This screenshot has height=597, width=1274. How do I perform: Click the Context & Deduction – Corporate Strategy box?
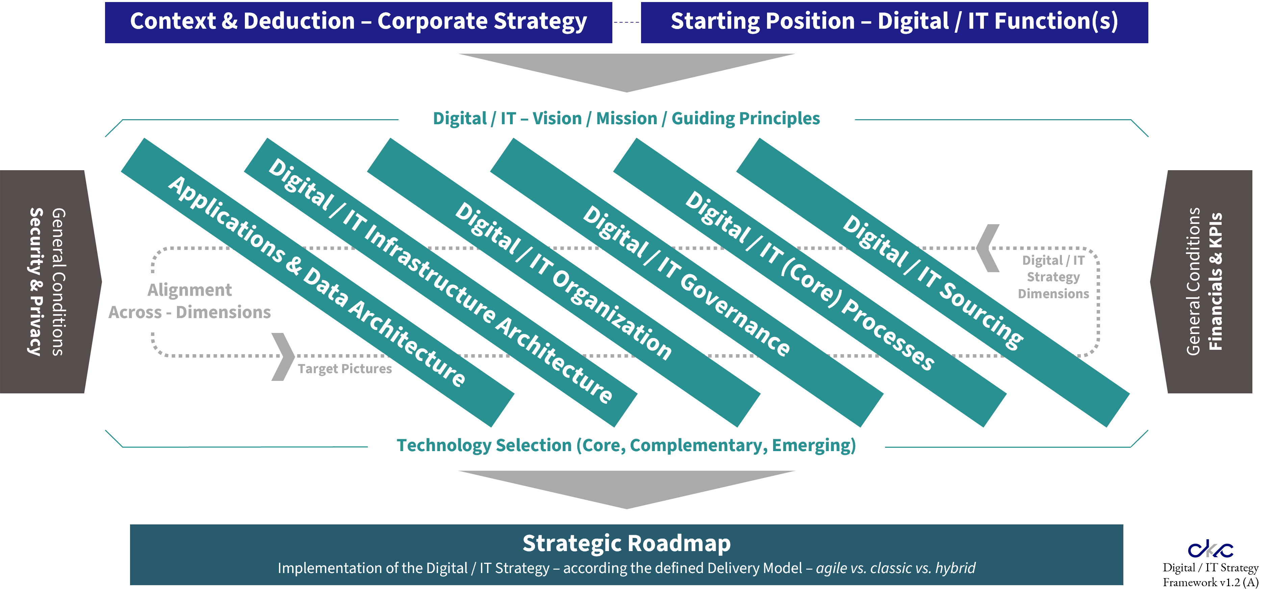click(x=359, y=22)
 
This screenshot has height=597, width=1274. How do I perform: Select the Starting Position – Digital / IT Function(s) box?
click(x=894, y=22)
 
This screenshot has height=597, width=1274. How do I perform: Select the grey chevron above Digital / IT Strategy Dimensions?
click(x=988, y=248)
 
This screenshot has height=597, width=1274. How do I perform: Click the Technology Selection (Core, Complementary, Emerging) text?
click(x=626, y=445)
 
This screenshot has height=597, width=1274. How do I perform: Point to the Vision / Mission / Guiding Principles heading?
click(x=626, y=119)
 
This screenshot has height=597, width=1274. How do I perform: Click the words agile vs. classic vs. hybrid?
click(x=895, y=568)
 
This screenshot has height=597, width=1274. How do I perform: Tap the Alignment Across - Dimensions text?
click(x=190, y=301)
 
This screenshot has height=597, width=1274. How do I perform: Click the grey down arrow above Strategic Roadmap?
click(x=627, y=487)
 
